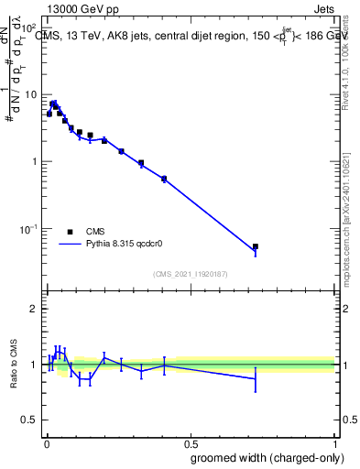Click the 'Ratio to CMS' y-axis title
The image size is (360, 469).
coord(14,364)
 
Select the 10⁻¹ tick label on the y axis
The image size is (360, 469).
coord(28,228)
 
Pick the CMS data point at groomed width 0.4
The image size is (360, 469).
coord(164,179)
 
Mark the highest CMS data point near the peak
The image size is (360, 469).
coord(54,104)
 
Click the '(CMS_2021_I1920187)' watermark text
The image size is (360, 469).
coord(190,274)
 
